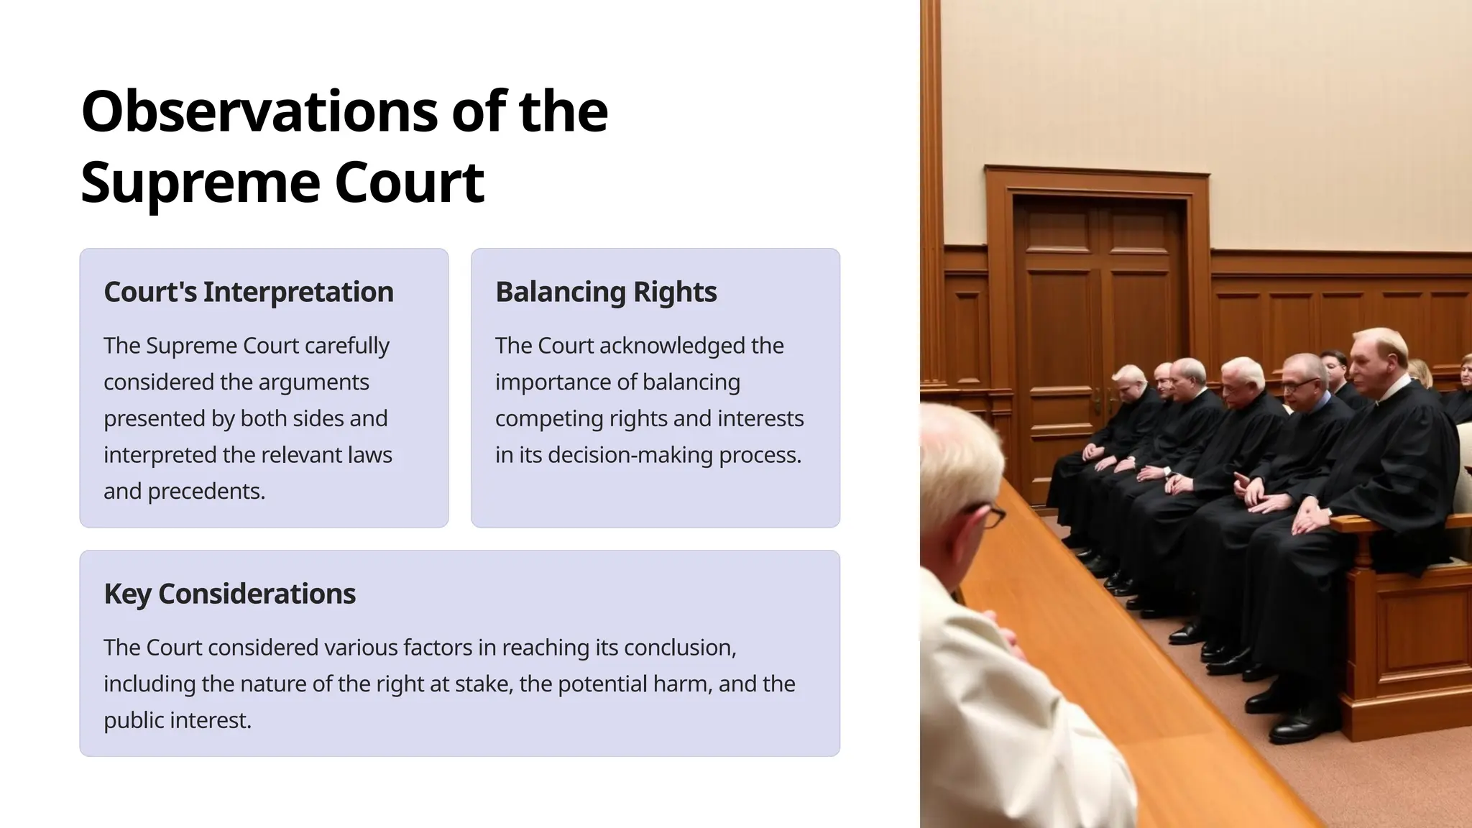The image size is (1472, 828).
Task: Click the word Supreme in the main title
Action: coord(199,183)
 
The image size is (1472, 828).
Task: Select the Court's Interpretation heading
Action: coord(248,292)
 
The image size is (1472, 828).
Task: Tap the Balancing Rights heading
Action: coord(605,292)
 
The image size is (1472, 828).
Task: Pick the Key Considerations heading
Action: coord(229,594)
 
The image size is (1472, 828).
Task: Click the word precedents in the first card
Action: coord(206,491)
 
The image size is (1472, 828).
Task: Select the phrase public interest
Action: coord(177,720)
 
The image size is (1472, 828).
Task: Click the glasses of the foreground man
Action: coord(992,515)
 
